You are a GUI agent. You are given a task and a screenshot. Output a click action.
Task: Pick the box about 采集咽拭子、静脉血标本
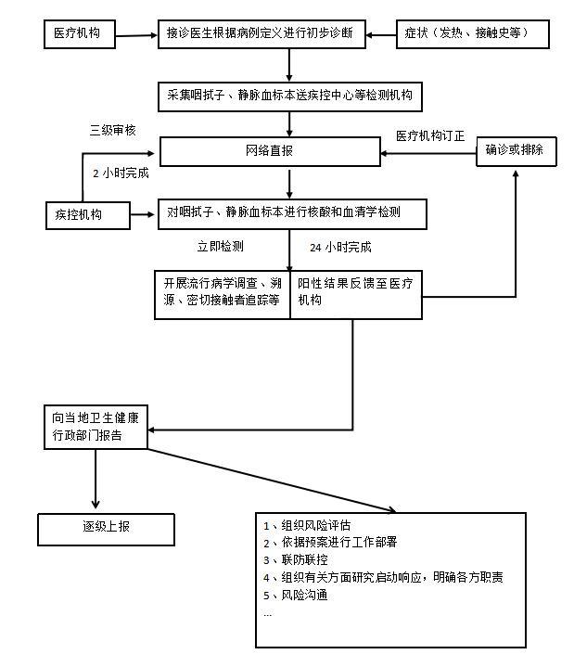pos(290,95)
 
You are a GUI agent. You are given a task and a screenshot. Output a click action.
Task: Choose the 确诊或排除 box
pos(517,150)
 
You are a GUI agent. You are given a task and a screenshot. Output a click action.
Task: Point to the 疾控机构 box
pos(85,215)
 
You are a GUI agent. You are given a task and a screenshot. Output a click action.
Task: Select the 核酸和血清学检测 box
pos(290,213)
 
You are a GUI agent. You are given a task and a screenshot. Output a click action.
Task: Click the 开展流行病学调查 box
pos(223,293)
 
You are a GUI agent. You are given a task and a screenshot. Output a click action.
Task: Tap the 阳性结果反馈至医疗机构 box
pos(356,293)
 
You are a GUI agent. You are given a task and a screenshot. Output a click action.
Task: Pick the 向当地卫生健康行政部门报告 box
pos(96,426)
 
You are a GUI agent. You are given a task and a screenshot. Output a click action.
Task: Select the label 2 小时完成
pos(121,173)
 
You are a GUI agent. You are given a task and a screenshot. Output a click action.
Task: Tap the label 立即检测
pos(221,247)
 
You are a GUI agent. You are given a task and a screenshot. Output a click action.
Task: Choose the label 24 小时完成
pos(340,248)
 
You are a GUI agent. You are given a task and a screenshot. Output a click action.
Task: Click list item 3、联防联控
pos(296,559)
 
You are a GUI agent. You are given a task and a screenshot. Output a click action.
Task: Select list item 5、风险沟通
pos(296,595)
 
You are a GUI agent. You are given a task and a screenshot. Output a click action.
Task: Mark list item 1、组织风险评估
pos(307,525)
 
